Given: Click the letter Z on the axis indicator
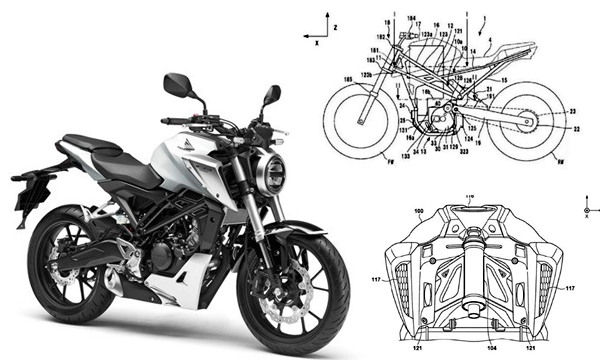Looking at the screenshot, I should [x=336, y=20].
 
